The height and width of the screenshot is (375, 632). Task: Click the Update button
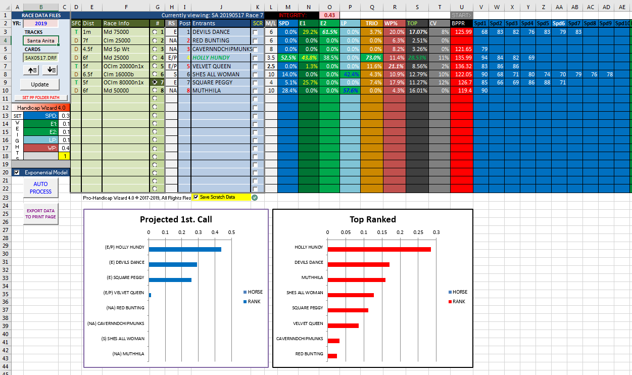point(40,84)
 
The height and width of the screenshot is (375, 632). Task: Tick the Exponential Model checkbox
point(17,172)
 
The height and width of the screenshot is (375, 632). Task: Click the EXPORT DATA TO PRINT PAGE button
point(40,214)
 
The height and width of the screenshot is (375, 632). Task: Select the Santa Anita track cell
point(40,40)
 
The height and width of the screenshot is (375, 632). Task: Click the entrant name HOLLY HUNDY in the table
point(211,58)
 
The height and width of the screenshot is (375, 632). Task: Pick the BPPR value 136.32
point(462,66)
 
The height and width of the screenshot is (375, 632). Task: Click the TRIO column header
point(371,23)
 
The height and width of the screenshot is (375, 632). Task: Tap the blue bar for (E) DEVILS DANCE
point(173,264)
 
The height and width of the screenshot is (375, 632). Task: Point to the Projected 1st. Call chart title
point(176,219)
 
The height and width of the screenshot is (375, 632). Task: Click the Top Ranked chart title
point(372,219)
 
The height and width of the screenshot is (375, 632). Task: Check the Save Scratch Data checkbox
point(196,197)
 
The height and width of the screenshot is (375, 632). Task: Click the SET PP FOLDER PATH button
point(40,98)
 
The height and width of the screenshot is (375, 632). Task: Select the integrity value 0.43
point(329,15)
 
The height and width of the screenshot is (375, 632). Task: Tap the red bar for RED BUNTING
point(332,356)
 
